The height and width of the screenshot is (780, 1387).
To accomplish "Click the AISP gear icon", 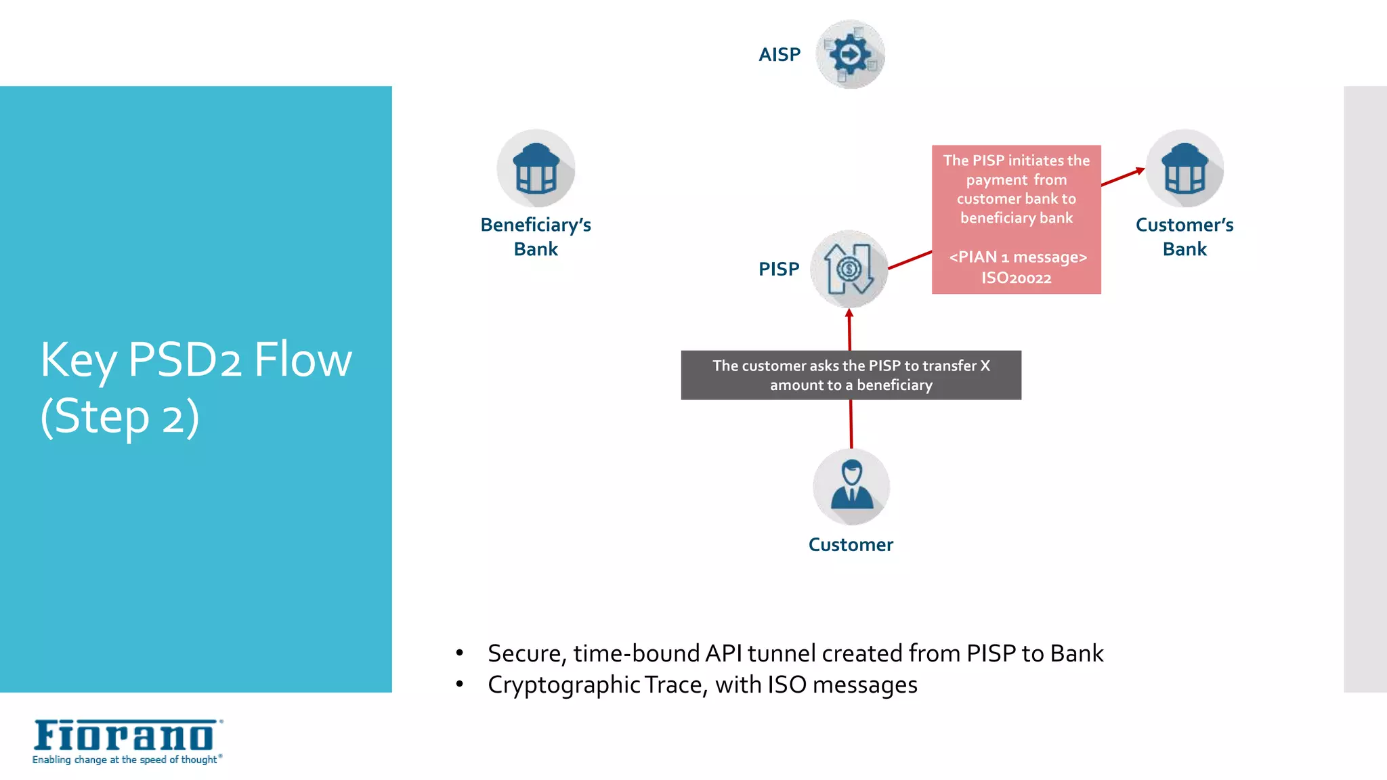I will (850, 54).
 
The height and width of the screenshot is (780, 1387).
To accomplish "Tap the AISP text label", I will (779, 54).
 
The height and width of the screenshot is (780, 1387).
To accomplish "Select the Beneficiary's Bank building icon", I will (536, 169).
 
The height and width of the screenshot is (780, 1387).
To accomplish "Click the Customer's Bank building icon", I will (1185, 169).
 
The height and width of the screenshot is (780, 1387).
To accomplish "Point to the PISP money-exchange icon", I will (849, 269).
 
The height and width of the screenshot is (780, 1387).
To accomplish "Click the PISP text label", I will (779, 269).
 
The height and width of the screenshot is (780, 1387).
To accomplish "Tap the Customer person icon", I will (851, 486).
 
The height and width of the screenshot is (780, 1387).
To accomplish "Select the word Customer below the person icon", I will (851, 544).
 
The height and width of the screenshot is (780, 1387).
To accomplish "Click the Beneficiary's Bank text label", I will (536, 236).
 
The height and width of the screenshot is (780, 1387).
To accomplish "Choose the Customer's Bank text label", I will (1185, 236).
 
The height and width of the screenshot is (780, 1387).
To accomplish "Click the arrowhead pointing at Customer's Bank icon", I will (1140, 171).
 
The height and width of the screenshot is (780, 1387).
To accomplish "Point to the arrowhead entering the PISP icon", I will (849, 313).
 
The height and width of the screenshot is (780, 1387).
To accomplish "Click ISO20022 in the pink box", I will (1016, 278).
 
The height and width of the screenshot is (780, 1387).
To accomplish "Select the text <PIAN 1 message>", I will (1017, 257).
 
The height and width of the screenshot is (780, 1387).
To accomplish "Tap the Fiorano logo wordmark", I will (125, 735).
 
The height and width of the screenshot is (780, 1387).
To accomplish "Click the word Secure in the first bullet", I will (526, 653).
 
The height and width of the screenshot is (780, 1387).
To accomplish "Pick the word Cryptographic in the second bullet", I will (563, 685).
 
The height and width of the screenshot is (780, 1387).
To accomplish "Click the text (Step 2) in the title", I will (120, 416).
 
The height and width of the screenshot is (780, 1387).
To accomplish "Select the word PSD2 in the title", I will (184, 360).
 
